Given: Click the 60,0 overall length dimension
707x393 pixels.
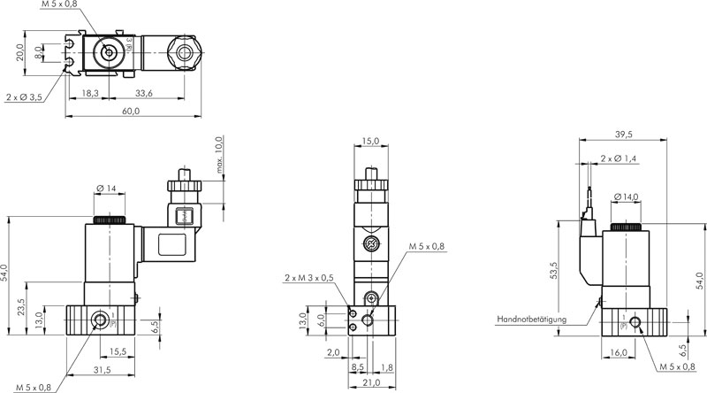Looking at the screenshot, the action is (x=131, y=112).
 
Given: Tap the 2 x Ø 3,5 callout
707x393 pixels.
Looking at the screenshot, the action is (x=25, y=97).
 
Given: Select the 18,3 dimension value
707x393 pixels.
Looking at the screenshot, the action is (x=90, y=94).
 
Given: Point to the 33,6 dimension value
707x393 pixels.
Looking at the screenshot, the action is (x=144, y=94).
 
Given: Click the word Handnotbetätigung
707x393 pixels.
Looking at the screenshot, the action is (x=532, y=320).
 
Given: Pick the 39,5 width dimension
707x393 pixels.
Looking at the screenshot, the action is (x=623, y=135).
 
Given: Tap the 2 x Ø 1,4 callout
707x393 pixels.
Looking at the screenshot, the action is (x=618, y=158).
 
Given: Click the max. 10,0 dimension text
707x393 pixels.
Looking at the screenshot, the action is (x=219, y=155).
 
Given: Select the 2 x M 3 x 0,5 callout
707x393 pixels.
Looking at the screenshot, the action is (x=309, y=277).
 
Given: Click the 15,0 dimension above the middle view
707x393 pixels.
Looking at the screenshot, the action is (x=370, y=142).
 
